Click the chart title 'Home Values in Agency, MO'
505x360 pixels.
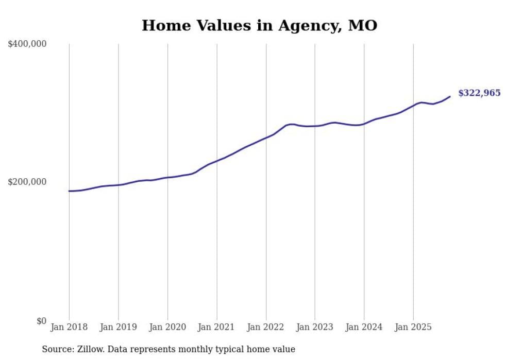(x=259, y=25)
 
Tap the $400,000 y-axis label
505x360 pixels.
(x=27, y=44)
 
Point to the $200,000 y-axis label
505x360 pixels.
(x=27, y=182)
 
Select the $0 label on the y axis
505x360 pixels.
(x=41, y=321)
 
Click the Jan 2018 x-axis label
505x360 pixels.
(x=69, y=327)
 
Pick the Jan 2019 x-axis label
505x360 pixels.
(x=118, y=327)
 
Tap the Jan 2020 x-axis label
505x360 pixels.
(x=167, y=327)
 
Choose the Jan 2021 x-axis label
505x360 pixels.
(x=216, y=327)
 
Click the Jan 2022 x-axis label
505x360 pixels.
(x=266, y=327)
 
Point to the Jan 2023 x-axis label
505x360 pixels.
(x=315, y=327)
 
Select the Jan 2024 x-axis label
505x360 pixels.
(x=364, y=327)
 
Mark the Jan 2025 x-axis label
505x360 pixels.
(x=413, y=327)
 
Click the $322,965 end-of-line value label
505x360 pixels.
(x=479, y=93)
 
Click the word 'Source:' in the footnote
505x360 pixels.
(x=57, y=350)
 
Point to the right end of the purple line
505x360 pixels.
(x=450, y=96)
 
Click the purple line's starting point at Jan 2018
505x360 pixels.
(x=69, y=191)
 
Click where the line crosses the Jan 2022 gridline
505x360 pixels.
(x=266, y=138)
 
